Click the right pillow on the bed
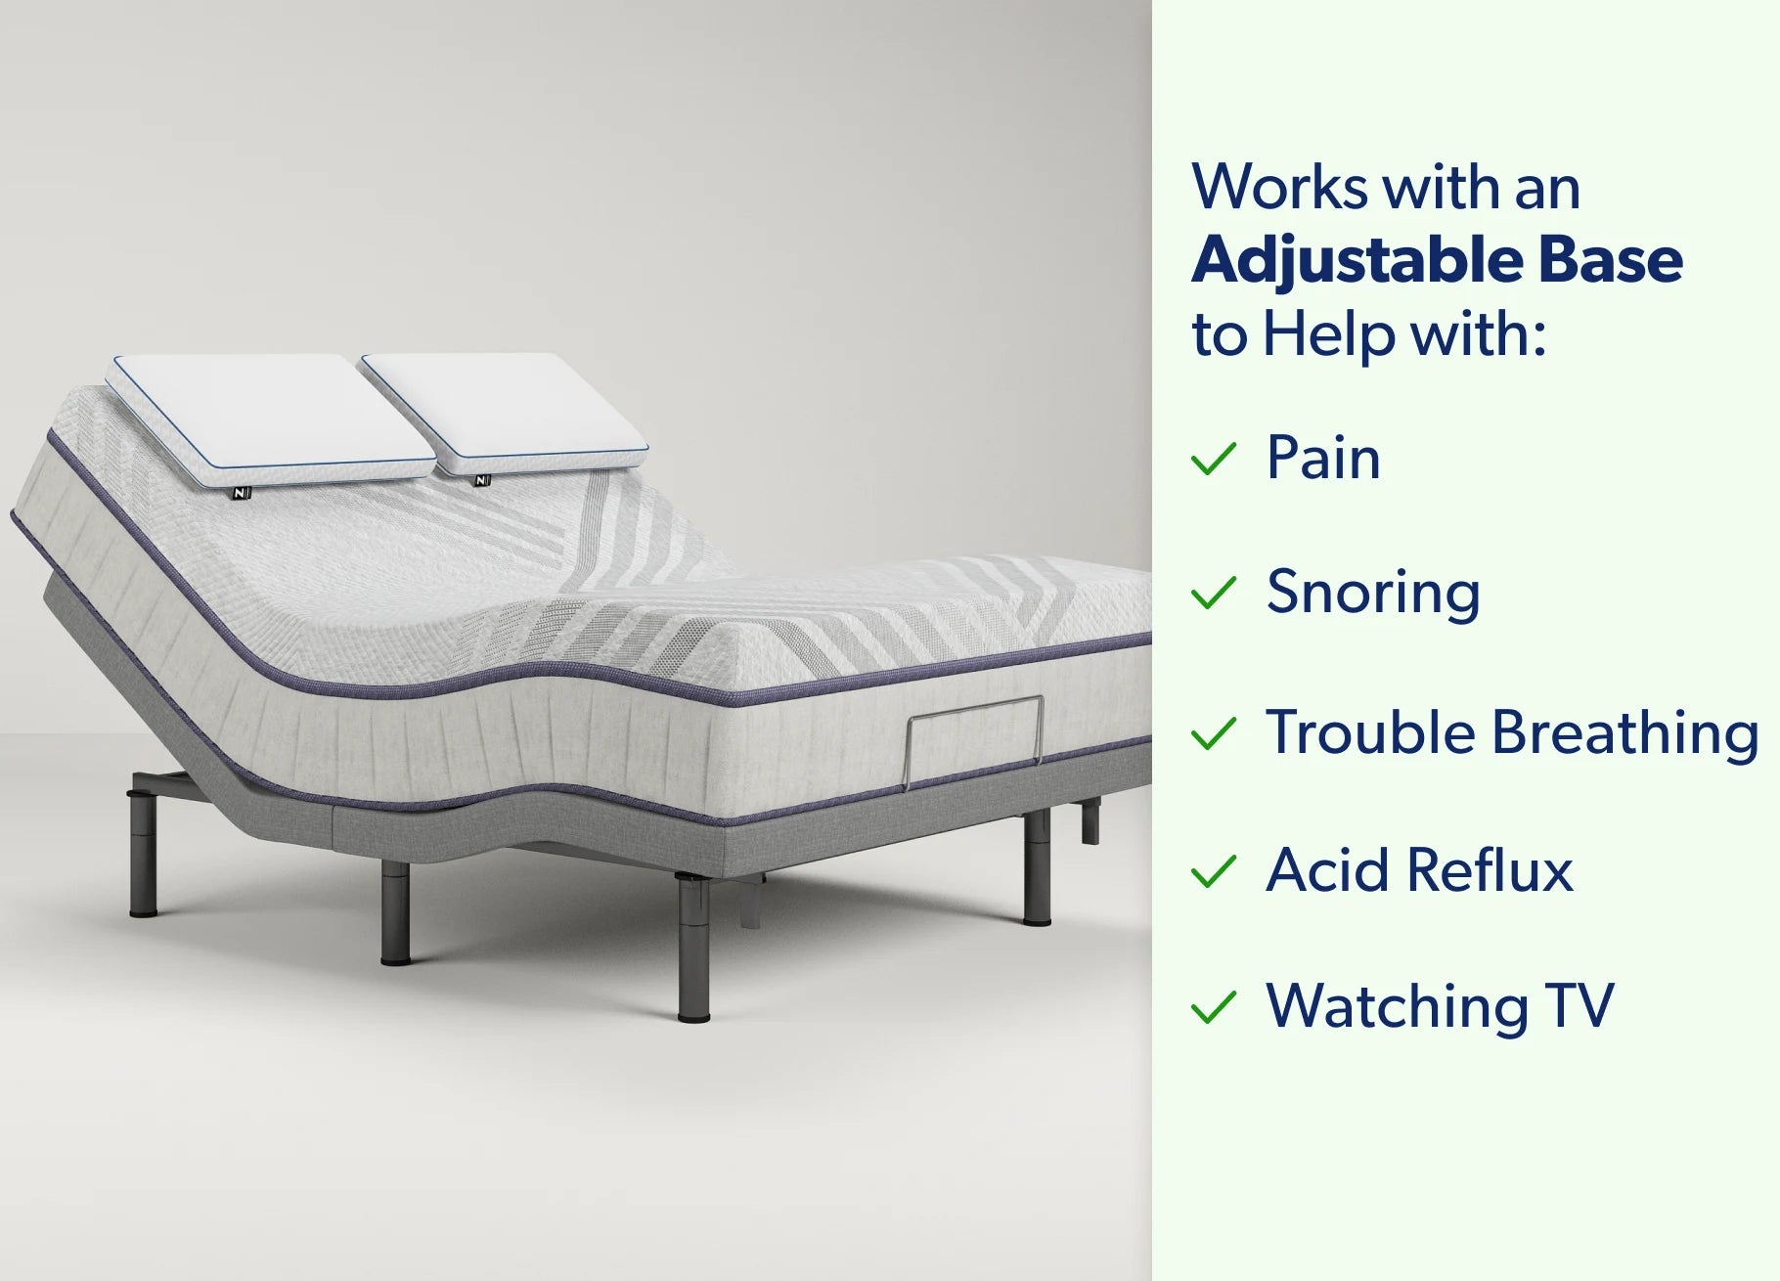[x=504, y=413]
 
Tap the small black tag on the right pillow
[x=481, y=480]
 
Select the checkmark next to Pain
[x=1214, y=459]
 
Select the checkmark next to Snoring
[x=1214, y=594]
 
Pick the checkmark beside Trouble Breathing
[x=1214, y=734]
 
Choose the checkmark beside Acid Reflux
[x=1214, y=871]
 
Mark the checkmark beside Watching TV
[x=1214, y=1007]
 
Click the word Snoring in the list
[x=1373, y=594]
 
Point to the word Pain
[x=1323, y=457]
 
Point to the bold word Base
[x=1610, y=260]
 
